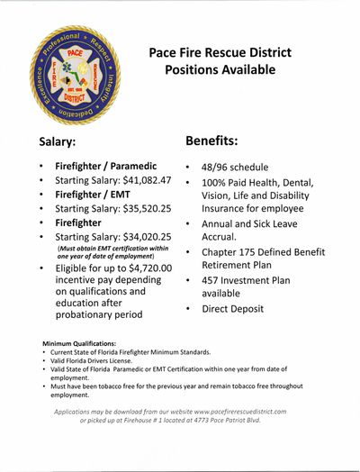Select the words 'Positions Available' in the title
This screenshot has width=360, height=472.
(212, 68)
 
